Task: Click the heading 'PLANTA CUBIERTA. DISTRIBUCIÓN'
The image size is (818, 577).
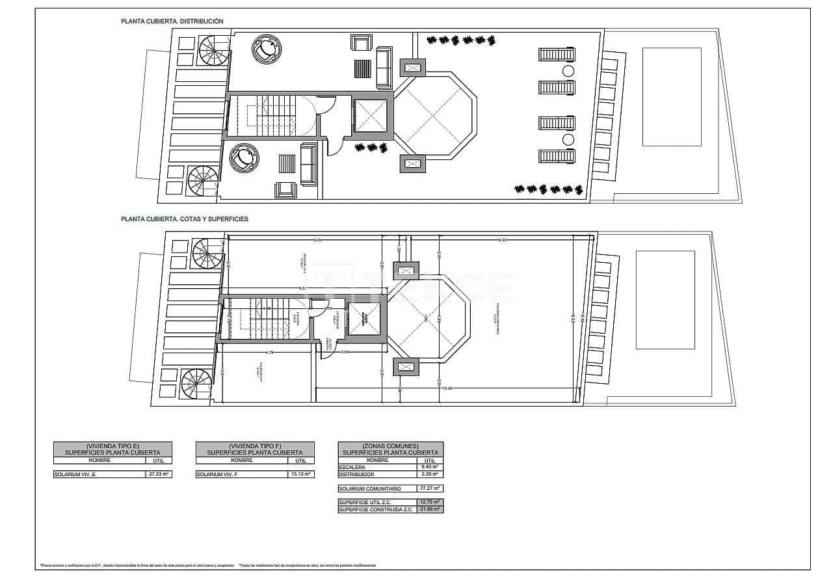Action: point(172,21)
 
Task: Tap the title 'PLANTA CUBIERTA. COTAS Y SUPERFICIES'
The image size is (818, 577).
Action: point(184,219)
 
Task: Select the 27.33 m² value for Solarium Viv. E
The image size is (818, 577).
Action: point(159,474)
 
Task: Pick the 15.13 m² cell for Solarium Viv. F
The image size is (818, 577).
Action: point(301,474)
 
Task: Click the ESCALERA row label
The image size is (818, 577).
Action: point(351,467)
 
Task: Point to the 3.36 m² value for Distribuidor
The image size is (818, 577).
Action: point(430,474)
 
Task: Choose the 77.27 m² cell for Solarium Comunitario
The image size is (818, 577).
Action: point(430,489)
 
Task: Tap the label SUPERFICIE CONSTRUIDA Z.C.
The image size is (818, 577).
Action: point(375,509)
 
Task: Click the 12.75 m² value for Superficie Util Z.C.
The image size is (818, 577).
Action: point(430,502)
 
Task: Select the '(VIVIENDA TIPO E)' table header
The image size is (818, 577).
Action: point(112,446)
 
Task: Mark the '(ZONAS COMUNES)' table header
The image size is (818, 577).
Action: point(391,446)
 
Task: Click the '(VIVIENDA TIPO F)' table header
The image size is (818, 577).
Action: point(255,446)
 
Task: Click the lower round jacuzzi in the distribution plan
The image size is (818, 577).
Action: point(244,158)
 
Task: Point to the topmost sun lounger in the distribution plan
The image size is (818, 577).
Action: point(557,54)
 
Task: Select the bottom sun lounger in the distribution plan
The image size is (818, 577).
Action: point(557,156)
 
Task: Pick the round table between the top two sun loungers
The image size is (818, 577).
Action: point(568,71)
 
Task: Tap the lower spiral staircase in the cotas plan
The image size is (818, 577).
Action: point(197,384)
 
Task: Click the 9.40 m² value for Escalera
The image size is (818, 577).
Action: point(430,467)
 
